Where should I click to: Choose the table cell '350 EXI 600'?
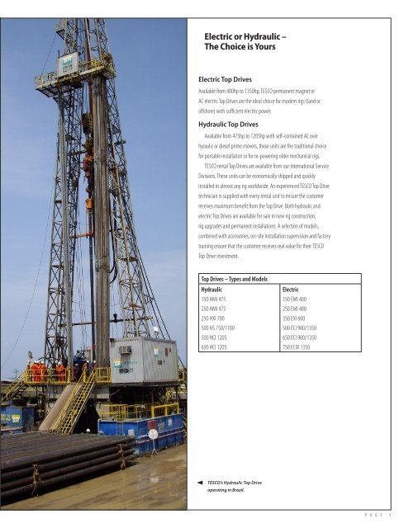point(299,318)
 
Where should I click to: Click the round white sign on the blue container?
point(151,428)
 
